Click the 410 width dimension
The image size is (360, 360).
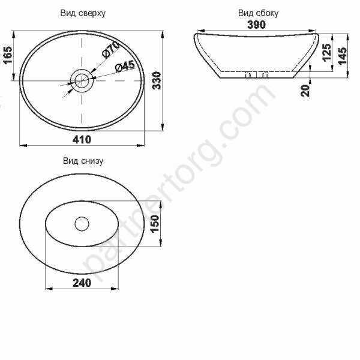82,139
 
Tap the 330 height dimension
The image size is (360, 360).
157,80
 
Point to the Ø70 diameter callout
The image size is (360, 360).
111,50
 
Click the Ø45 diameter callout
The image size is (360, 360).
125,67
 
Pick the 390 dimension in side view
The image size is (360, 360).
256,25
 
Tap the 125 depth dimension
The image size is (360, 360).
327,52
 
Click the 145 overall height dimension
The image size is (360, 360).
343,56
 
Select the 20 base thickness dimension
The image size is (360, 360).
305,91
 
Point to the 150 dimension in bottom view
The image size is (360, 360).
155,223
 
